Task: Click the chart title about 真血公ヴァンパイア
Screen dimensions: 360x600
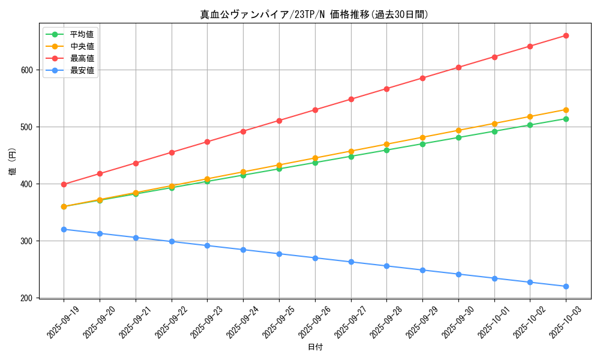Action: click(314, 14)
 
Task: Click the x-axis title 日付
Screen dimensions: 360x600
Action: click(314, 347)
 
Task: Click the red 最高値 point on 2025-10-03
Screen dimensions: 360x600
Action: click(566, 35)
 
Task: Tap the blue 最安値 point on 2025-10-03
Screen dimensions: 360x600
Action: click(566, 286)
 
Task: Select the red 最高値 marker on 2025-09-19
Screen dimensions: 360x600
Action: click(64, 184)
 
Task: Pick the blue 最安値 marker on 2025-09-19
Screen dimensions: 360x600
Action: click(64, 229)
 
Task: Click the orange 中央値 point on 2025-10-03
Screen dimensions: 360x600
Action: click(566, 110)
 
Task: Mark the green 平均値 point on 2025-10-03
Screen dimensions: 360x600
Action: click(566, 119)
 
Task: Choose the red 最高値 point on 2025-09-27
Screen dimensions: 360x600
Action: click(351, 99)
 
